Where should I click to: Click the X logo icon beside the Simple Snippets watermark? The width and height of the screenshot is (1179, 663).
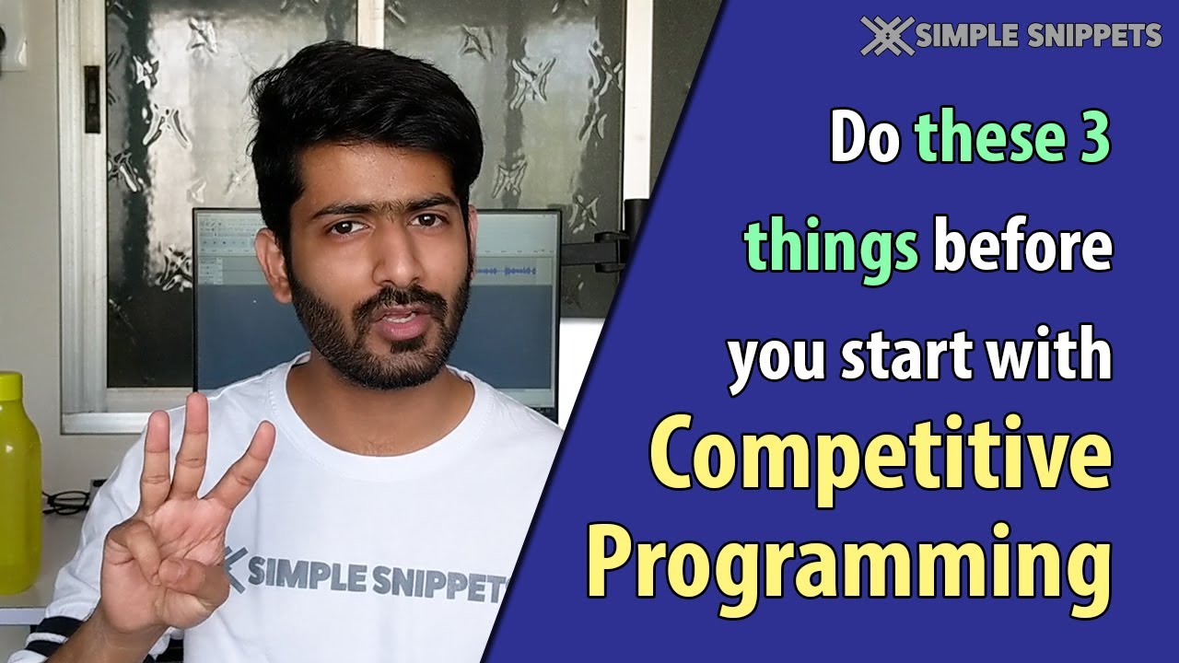click(887, 35)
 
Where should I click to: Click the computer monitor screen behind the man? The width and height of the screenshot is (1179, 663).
click(516, 276)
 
